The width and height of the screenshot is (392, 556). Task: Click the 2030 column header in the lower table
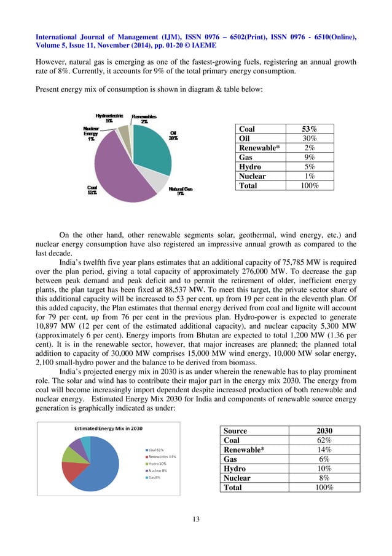(320, 431)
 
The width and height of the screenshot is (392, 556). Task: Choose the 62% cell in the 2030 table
(320, 440)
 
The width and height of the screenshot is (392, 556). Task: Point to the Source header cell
(236, 431)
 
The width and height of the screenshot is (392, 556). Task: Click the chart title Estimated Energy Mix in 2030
(109, 428)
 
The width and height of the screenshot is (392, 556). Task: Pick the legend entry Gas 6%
(155, 477)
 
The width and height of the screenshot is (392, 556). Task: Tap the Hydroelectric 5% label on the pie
(109, 118)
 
